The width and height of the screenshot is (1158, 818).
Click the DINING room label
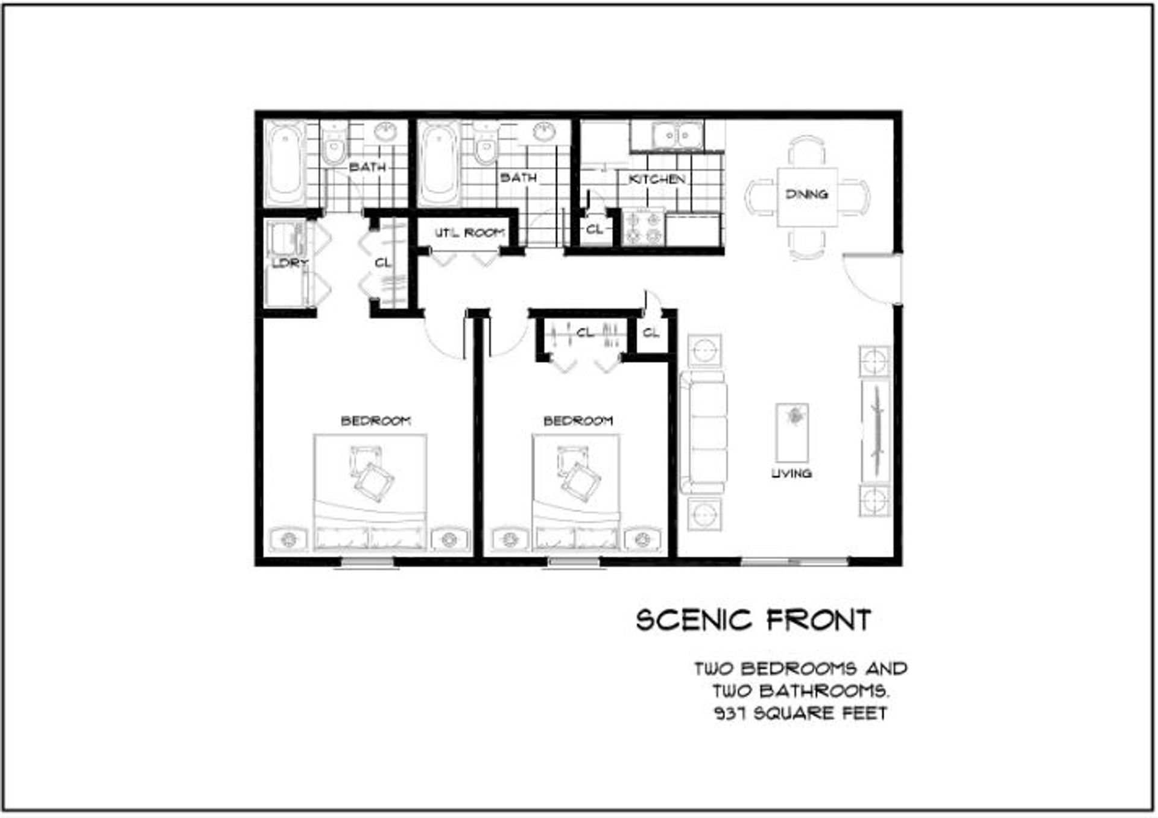[x=806, y=194]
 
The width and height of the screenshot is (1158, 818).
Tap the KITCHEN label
[x=657, y=180]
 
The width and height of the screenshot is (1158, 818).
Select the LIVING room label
[x=791, y=474]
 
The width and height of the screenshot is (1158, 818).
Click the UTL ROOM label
[x=470, y=233]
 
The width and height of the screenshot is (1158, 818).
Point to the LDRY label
[x=289, y=263]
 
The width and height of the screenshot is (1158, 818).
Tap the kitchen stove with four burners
[x=644, y=228]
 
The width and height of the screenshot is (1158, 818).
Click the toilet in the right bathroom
[x=484, y=145]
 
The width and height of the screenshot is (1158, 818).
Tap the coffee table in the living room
[x=792, y=433]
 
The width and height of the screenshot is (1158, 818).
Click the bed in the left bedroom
[x=370, y=492]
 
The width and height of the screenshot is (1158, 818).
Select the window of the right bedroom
[x=574, y=562]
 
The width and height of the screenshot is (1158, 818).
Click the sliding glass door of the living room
[x=794, y=562]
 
